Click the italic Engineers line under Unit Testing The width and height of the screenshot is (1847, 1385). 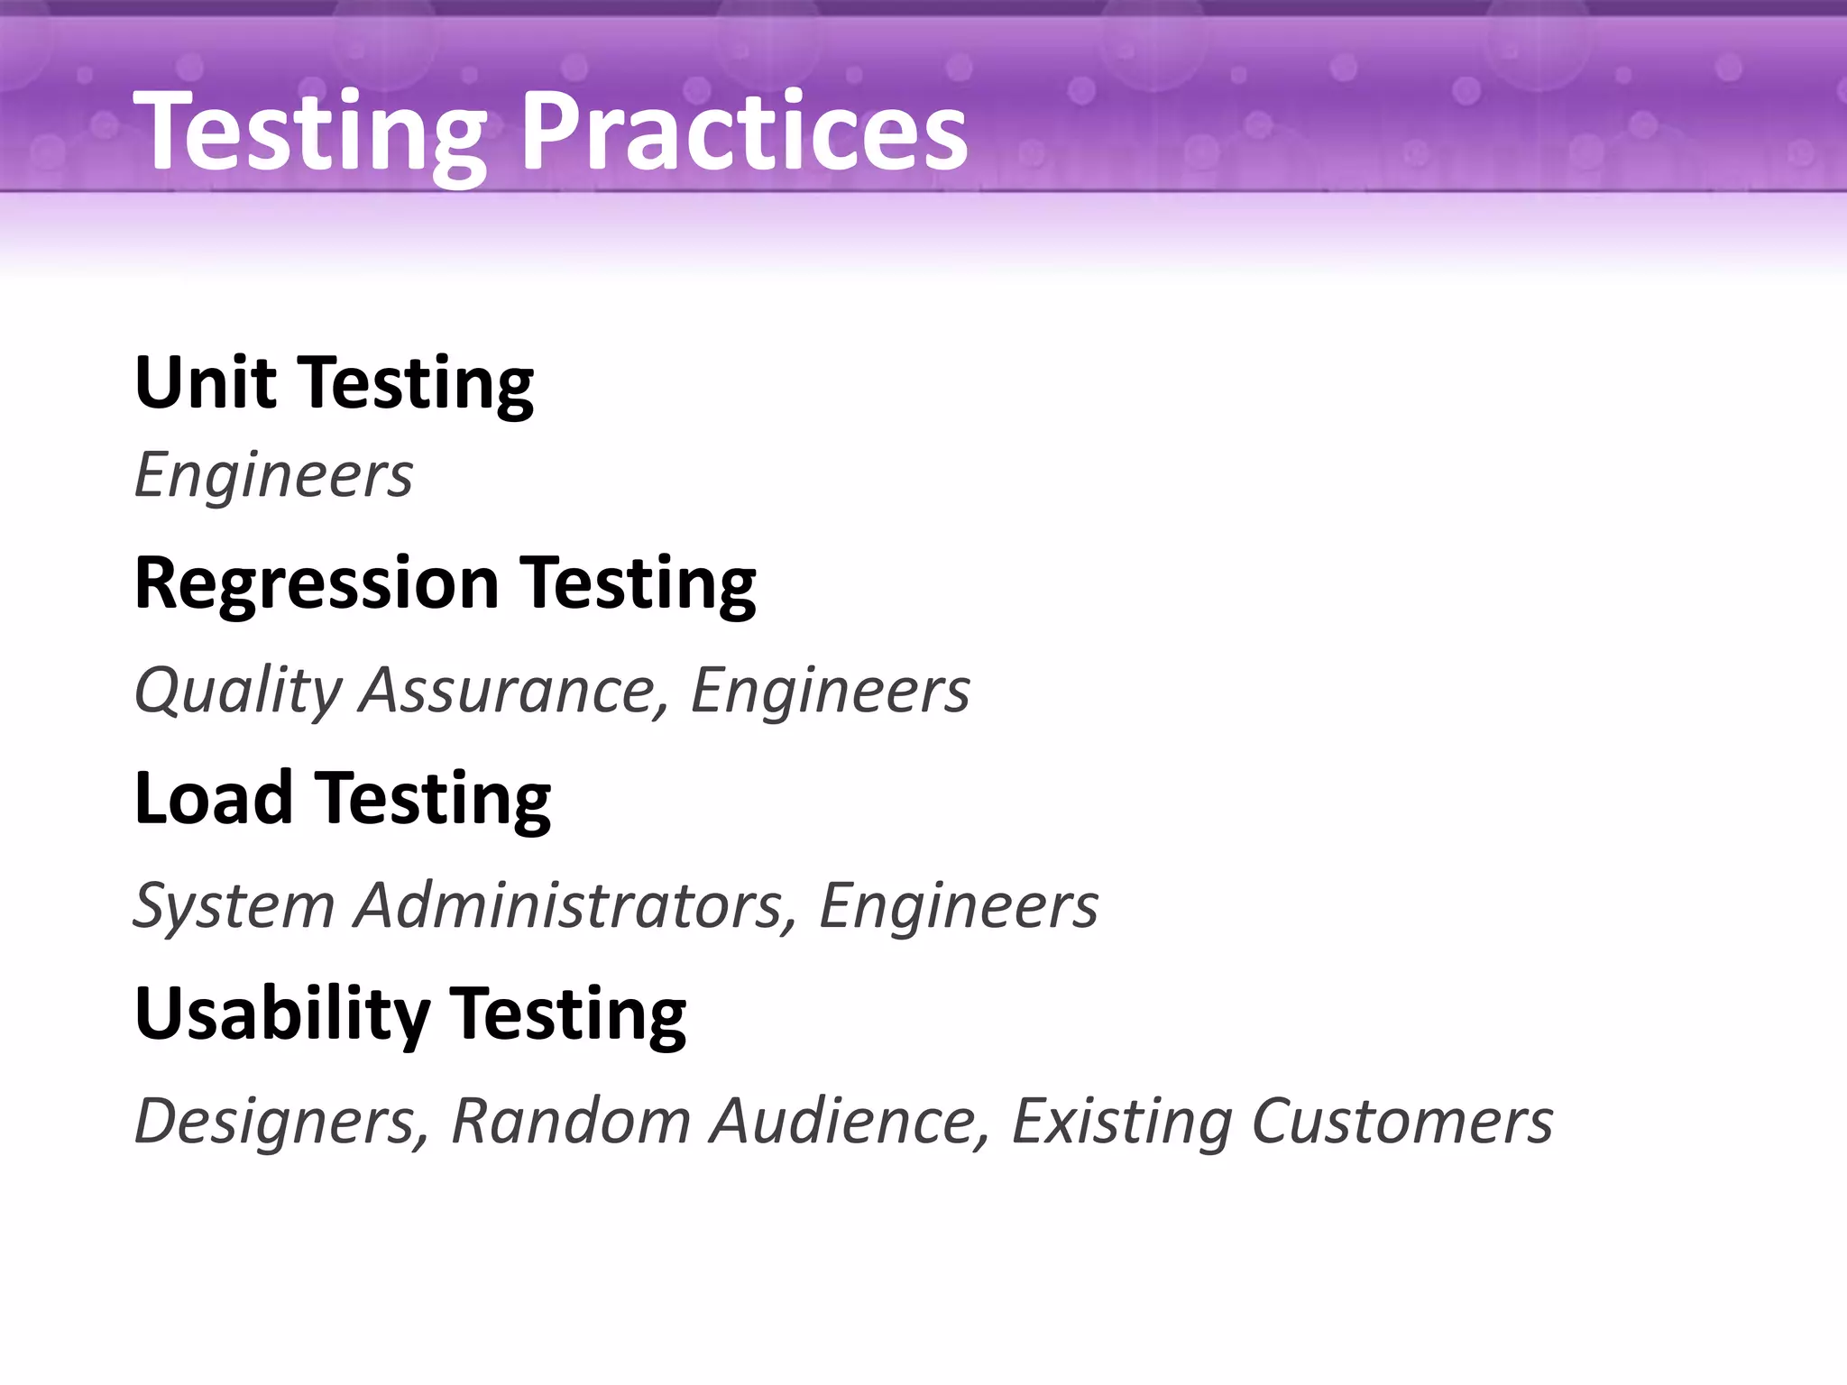click(x=273, y=475)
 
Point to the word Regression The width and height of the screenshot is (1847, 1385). click(x=317, y=583)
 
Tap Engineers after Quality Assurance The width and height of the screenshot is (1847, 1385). click(x=830, y=691)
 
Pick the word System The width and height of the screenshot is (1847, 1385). click(x=234, y=905)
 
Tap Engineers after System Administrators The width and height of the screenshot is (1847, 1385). click(x=959, y=905)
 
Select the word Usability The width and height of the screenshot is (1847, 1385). click(x=282, y=1014)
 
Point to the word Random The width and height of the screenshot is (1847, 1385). click(x=571, y=1121)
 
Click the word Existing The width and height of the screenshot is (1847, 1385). click(x=1122, y=1121)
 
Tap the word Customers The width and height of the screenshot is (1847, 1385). click(x=1402, y=1121)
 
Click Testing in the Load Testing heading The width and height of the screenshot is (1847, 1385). click(x=434, y=798)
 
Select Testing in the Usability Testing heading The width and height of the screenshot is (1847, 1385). click(x=568, y=1014)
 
